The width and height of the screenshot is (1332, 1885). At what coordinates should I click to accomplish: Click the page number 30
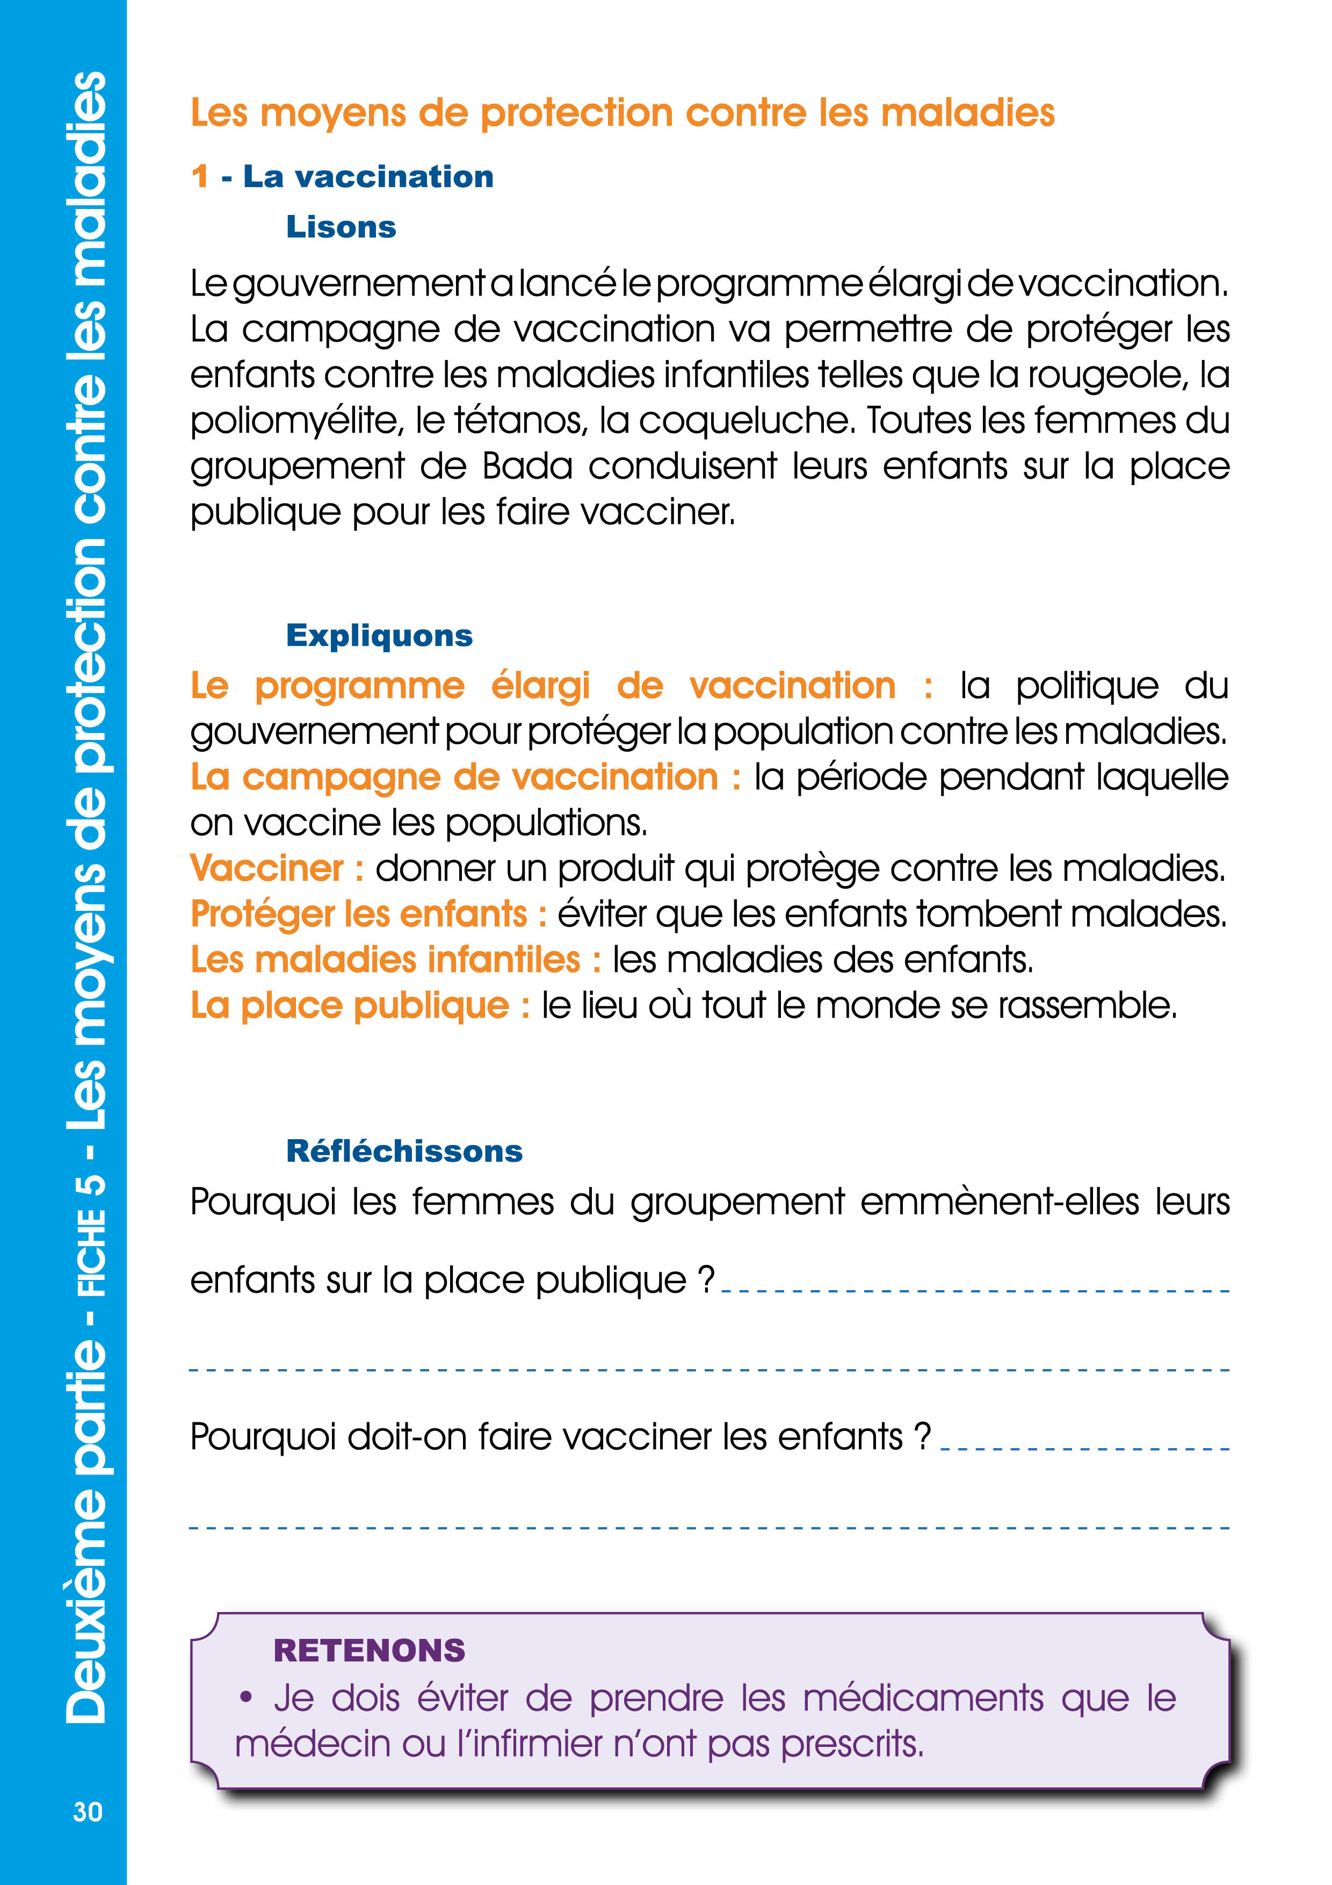pos(88,1811)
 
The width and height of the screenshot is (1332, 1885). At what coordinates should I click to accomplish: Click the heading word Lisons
pos(341,227)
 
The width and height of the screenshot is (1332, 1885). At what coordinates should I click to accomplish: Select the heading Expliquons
pos(379,636)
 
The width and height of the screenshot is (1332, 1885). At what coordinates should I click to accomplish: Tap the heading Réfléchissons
pos(404,1151)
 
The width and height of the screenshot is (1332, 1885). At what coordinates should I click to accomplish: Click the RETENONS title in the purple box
pos(370,1650)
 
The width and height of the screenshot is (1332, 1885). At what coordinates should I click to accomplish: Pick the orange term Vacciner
pos(267,868)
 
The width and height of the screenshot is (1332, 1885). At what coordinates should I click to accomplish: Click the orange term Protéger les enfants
pos(359,915)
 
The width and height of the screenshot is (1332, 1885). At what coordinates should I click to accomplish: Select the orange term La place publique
pos(350,1006)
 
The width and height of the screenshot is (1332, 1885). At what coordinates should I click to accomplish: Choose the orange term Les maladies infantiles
pos(385,960)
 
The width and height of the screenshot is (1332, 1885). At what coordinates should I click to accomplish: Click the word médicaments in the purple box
pos(923,1698)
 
